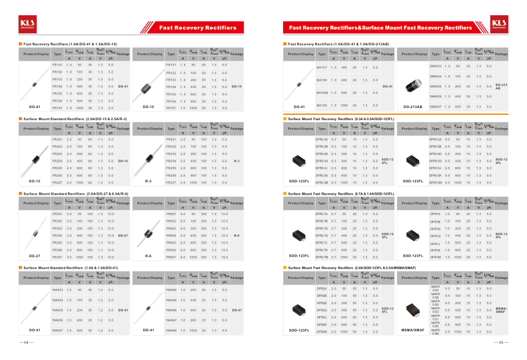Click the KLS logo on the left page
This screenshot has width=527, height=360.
point(27,23)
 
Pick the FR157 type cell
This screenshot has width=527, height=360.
point(171,108)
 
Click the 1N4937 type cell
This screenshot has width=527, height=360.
point(57,330)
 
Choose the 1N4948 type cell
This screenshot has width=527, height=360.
point(171,330)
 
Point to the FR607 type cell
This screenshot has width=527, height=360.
point(171,257)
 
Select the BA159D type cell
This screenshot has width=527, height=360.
point(322,93)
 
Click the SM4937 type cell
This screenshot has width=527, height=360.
point(435,106)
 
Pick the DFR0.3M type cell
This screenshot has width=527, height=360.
point(321,182)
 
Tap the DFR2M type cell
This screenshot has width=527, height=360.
point(321,332)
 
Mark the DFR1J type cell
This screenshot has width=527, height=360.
point(435,244)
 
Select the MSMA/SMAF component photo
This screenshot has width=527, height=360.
point(413,310)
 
